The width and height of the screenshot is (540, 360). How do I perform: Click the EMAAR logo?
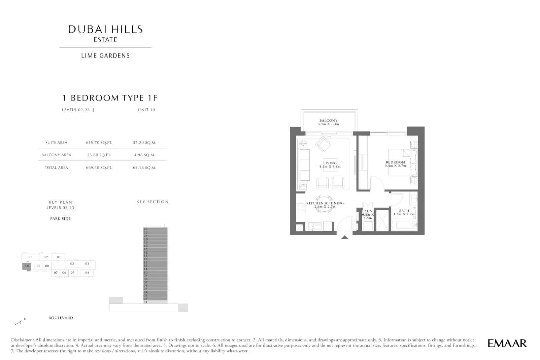click(507, 344)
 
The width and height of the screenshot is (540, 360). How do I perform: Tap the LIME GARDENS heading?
click(105, 56)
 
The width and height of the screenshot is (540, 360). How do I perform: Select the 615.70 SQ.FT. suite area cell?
click(99, 142)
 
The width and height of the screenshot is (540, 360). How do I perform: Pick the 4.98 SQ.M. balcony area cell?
click(144, 155)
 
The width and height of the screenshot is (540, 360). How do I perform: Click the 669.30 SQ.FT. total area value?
click(99, 168)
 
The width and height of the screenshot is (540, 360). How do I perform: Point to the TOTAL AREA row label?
click(57, 168)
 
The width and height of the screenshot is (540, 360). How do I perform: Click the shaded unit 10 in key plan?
click(27, 266)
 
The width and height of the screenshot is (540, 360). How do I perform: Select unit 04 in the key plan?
click(87, 273)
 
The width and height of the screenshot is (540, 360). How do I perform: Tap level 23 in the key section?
click(155, 229)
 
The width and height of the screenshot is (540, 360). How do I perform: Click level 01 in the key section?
click(155, 302)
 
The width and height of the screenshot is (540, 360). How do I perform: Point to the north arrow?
click(18, 323)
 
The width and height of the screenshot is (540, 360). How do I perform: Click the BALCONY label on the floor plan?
click(328, 120)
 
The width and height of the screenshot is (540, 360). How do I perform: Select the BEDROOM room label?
click(395, 162)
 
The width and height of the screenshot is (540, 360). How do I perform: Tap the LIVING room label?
click(330, 163)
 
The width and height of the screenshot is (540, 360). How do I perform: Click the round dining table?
click(325, 204)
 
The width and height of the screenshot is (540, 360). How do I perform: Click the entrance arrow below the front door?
click(344, 237)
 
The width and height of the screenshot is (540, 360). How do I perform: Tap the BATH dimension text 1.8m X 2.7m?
click(404, 214)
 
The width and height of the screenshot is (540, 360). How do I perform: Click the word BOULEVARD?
click(61, 318)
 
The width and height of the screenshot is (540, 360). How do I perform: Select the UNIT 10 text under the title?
click(146, 110)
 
